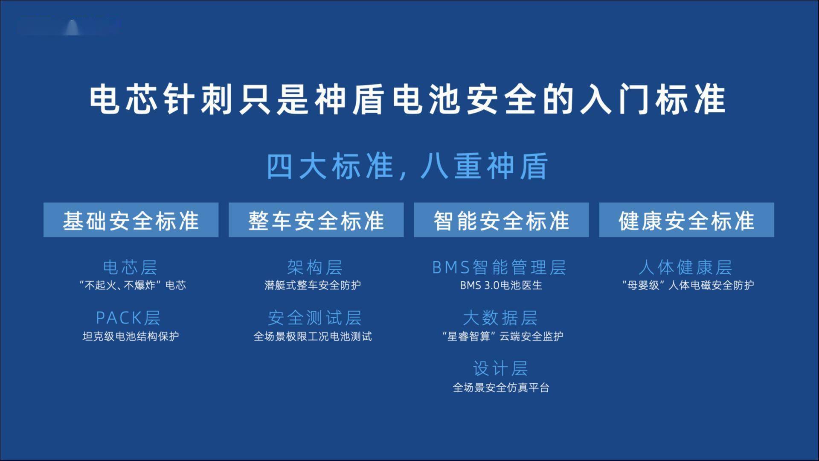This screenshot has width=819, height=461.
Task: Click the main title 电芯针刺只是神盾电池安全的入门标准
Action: pyautogui.click(x=407, y=99)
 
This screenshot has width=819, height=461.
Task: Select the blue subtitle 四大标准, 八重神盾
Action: pyautogui.click(x=407, y=166)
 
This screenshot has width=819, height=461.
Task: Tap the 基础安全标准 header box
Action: pyautogui.click(x=131, y=220)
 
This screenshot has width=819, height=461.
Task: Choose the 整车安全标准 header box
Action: pyautogui.click(x=316, y=220)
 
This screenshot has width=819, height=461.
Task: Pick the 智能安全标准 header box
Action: pyautogui.click(x=501, y=220)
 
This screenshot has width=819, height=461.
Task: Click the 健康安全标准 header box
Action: pyautogui.click(x=686, y=220)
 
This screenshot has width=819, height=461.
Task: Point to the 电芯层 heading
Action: pyautogui.click(x=131, y=267)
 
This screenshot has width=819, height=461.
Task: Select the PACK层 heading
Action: pyautogui.click(x=128, y=318)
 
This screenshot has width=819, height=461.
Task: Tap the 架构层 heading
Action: pyautogui.click(x=315, y=267)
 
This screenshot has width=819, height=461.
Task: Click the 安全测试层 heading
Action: pyautogui.click(x=315, y=318)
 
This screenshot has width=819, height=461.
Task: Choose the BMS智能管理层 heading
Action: pyautogui.click(x=499, y=267)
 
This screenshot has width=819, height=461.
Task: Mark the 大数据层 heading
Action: pyautogui.click(x=500, y=318)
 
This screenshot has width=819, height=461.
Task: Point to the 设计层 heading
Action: pyautogui.click(x=500, y=368)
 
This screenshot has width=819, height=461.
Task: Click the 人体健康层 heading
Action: pyautogui.click(x=685, y=267)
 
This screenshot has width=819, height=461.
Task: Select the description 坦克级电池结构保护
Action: pyautogui.click(x=131, y=336)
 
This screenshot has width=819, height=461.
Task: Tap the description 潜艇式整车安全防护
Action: pyautogui.click(x=313, y=285)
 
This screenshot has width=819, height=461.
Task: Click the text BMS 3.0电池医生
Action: pyautogui.click(x=501, y=285)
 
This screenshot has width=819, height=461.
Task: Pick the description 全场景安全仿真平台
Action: pyautogui.click(x=501, y=388)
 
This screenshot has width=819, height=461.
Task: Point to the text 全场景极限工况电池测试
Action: pyautogui.click(x=313, y=336)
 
